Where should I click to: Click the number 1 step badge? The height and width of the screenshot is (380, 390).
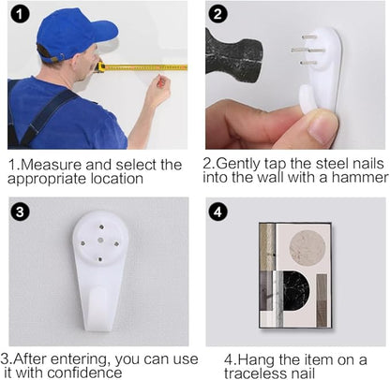point(20,14)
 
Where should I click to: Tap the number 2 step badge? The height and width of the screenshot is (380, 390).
point(217,14)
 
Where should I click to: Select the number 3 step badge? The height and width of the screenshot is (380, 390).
point(20,212)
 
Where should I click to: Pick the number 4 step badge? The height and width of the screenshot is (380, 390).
point(217,212)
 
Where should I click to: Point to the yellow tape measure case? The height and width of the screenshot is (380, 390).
point(100,67)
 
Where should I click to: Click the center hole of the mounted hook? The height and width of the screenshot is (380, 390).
point(100,240)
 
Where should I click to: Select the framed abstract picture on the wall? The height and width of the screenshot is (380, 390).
point(295,276)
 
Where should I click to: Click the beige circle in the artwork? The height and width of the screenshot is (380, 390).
point(307,248)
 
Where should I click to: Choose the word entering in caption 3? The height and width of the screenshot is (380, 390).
point(81,360)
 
